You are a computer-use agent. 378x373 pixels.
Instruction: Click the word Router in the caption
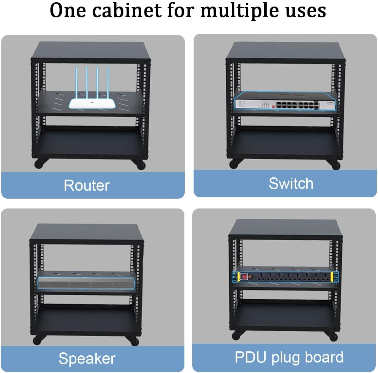coord(86,185)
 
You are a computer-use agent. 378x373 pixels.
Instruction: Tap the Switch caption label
coord(291,183)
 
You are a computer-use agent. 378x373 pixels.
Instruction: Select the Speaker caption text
coord(87,358)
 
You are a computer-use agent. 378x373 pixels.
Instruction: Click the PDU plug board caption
coord(289,357)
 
